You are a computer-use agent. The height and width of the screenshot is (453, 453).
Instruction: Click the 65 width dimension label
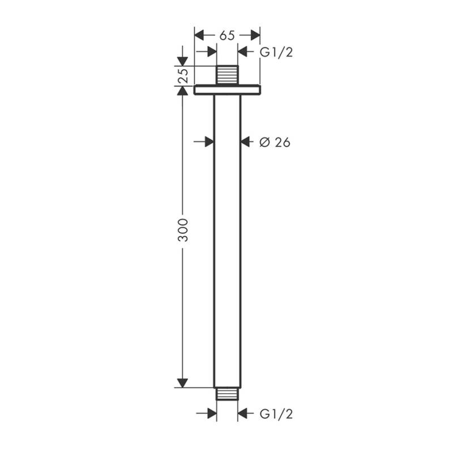[x=227, y=36]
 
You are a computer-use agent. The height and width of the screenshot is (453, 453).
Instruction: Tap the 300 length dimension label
[x=182, y=230]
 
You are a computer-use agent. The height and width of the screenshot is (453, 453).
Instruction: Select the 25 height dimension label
[x=182, y=76]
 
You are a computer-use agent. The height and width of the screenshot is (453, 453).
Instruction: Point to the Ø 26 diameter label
[x=275, y=142]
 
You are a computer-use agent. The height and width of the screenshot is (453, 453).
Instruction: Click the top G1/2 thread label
[x=276, y=52]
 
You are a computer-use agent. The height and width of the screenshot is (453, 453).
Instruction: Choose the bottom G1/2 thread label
[x=276, y=414]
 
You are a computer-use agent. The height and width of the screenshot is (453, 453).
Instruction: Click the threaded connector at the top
[x=228, y=75]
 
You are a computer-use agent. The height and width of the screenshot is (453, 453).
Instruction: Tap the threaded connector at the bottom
[x=228, y=394]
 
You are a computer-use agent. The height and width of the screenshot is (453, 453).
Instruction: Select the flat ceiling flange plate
[x=227, y=90]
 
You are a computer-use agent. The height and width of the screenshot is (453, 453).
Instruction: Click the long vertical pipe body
[x=227, y=241]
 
